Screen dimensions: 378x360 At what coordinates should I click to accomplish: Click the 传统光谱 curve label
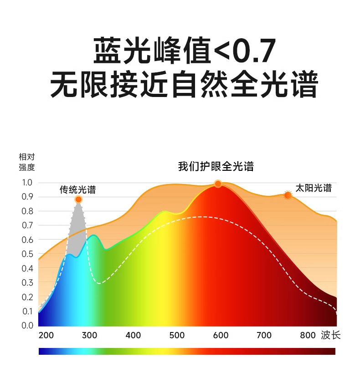[78, 190]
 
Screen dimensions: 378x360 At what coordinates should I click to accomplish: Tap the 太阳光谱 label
[314, 188]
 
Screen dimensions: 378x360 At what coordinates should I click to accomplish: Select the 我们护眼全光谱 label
[216, 167]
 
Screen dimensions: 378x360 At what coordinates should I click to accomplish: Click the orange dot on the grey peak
[78, 199]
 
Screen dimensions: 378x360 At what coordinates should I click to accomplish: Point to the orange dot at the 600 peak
[218, 184]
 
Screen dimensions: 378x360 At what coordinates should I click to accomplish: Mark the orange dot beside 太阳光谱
[288, 195]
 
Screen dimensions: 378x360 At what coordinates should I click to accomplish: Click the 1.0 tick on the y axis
[27, 183]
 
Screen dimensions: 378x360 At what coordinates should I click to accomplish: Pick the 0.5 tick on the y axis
[27, 254]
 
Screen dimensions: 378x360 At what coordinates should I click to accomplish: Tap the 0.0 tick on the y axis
[27, 325]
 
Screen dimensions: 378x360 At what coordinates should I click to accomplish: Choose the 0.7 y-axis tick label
[27, 225]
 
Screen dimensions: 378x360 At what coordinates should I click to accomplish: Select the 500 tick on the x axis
[177, 336]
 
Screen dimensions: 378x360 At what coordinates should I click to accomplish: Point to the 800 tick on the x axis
[308, 336]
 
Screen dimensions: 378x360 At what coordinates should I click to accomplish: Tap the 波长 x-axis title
[330, 336]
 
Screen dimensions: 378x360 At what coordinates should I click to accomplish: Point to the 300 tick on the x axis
[89, 336]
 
